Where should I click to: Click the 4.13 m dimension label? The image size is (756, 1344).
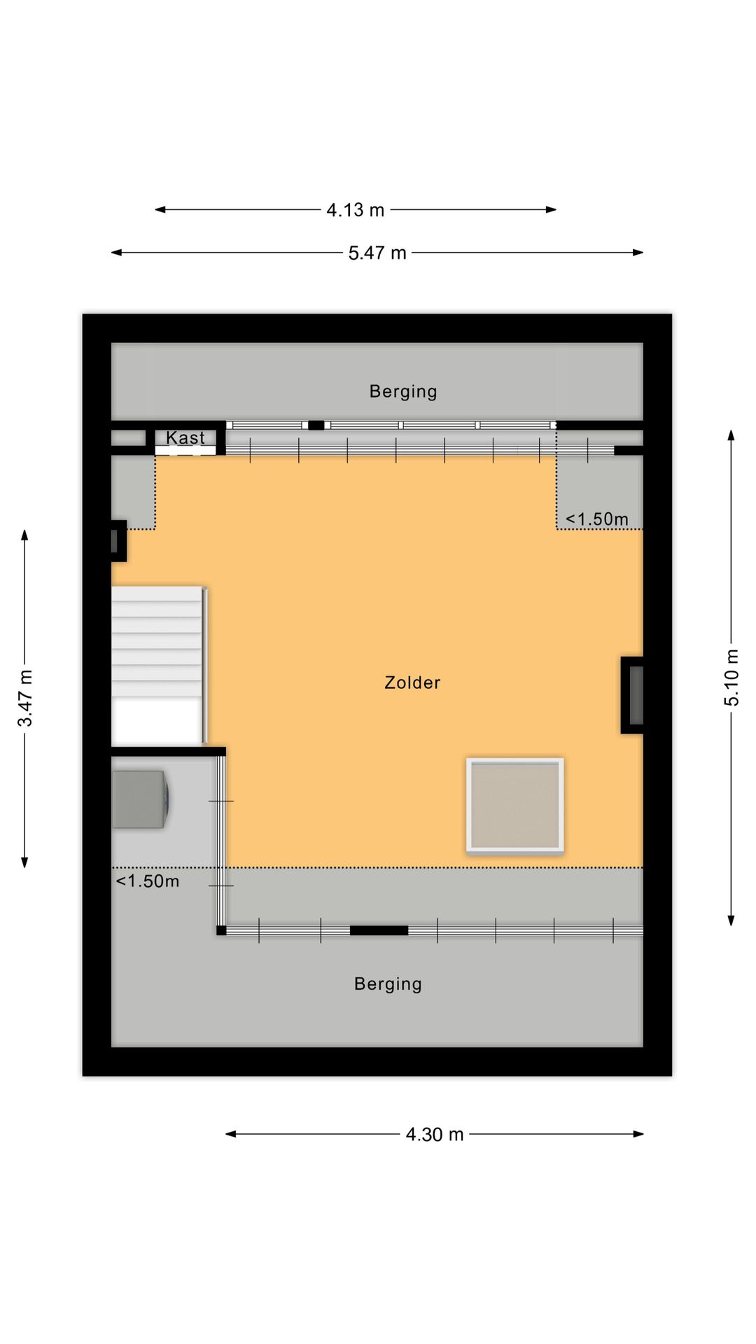(356, 210)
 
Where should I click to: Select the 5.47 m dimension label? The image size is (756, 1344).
(377, 253)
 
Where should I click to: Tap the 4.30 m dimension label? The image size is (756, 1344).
(435, 1134)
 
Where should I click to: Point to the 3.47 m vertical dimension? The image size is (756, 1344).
(25, 698)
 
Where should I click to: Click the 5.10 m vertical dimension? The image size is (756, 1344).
(731, 678)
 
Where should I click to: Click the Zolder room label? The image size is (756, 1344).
(412, 682)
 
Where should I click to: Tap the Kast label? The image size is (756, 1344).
(185, 437)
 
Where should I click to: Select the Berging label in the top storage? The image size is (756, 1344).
(403, 391)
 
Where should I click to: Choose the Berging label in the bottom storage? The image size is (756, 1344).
(388, 984)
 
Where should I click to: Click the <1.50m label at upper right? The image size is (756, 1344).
(597, 519)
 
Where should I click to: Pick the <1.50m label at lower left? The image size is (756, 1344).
(148, 881)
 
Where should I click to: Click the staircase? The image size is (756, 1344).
(158, 666)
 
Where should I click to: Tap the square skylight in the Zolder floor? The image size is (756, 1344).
(515, 806)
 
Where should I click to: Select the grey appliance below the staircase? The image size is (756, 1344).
(141, 799)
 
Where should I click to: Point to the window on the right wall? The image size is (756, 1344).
(633, 695)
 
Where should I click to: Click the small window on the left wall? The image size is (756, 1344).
(118, 540)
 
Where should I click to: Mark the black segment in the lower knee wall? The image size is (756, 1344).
(379, 930)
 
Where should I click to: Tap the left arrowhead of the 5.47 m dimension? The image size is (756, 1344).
(116, 253)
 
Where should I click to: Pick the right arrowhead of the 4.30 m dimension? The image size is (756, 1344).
(638, 1134)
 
